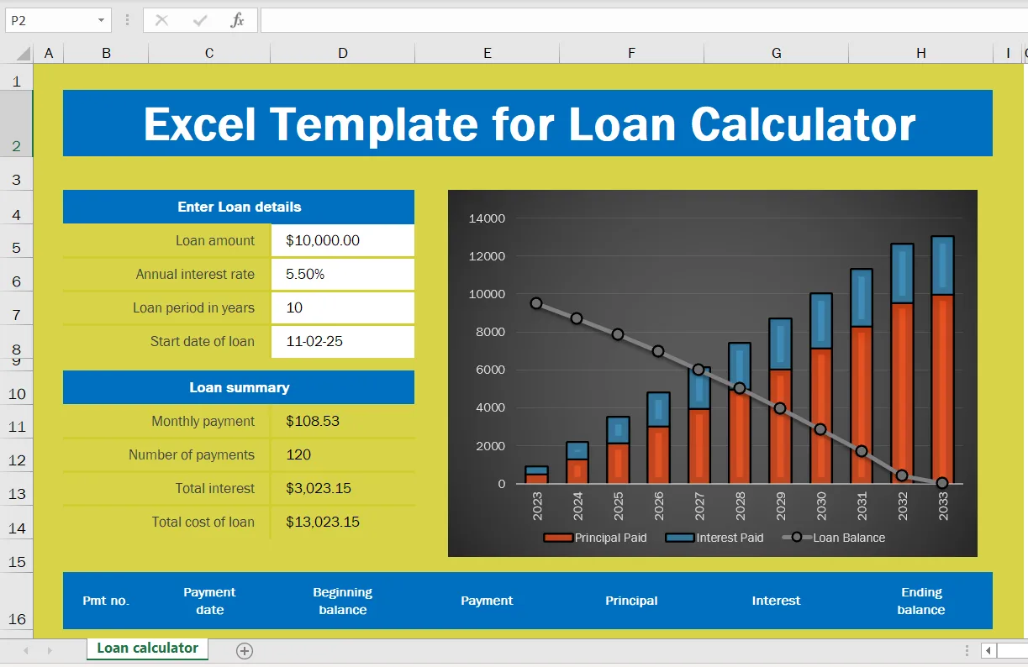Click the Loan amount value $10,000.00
[323, 240]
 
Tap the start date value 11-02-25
[314, 341]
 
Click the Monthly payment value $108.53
[313, 421]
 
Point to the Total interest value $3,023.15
[319, 488]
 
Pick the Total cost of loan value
[323, 522]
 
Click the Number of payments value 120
[298, 454]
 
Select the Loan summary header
[239, 387]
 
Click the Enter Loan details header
[239, 207]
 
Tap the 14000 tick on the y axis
[487, 218]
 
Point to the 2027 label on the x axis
[699, 506]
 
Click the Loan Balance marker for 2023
[536, 303]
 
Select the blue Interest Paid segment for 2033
[942, 265]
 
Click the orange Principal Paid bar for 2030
[821, 416]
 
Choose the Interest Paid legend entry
[714, 538]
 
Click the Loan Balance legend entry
[834, 538]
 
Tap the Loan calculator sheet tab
[147, 649]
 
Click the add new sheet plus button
[245, 651]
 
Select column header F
[631, 53]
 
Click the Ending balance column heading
[920, 601]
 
